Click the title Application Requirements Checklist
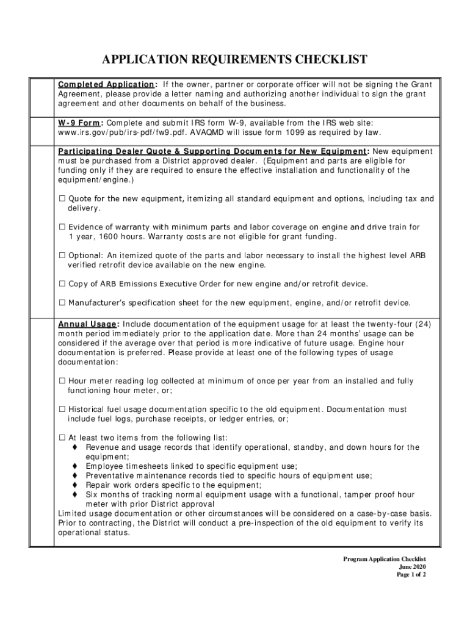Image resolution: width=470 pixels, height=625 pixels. (x=234, y=59)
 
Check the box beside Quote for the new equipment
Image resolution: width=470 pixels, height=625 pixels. (x=62, y=199)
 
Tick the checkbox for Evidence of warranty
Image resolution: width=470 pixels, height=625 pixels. (x=62, y=227)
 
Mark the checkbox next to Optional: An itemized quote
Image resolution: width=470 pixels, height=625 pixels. (x=62, y=256)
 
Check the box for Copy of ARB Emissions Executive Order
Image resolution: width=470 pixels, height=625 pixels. (x=62, y=284)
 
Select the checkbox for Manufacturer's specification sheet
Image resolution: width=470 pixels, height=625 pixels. (x=62, y=303)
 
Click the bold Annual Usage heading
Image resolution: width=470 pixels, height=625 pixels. (x=87, y=324)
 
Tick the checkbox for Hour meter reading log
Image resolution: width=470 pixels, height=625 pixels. (x=62, y=381)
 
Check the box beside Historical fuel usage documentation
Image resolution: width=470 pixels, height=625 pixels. (x=62, y=410)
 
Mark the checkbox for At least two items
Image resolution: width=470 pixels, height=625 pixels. (x=62, y=438)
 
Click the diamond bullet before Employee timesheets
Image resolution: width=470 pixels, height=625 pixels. (x=75, y=466)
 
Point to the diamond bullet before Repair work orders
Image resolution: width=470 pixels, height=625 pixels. (x=75, y=485)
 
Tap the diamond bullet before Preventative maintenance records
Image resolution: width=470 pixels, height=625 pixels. (x=75, y=475)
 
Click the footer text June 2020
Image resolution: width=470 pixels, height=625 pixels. (x=412, y=567)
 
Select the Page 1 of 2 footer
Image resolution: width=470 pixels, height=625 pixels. (x=411, y=575)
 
